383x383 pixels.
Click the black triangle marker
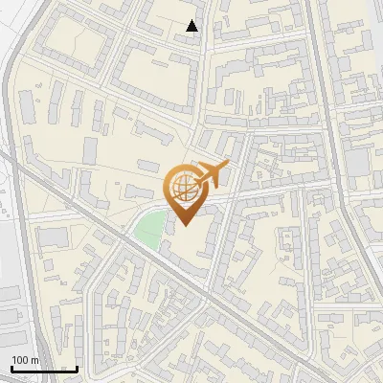coord(192,26)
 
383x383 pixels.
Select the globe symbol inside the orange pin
coord(186,188)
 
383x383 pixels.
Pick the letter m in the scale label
coord(34,360)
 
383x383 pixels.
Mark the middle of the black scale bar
coord(44,369)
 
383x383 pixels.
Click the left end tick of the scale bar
coord(11,367)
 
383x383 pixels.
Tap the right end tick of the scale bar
coord(77,367)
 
